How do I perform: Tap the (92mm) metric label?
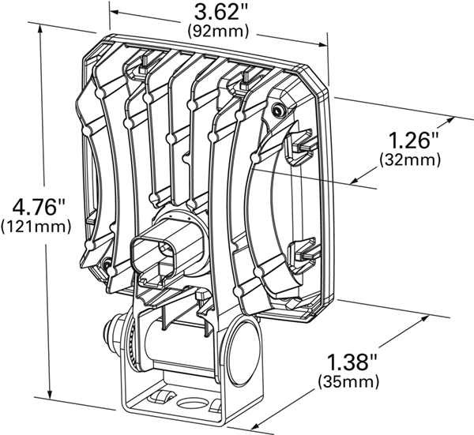[216, 32]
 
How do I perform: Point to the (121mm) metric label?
[33, 228]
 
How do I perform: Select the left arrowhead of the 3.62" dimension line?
[113, 11]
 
